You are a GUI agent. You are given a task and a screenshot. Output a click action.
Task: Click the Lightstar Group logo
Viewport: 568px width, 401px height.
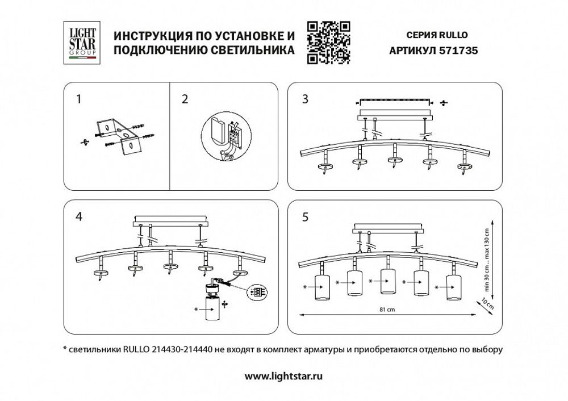pyautogui.click(x=82, y=41)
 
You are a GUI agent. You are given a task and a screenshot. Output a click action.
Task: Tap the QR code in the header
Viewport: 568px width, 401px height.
pyautogui.click(x=328, y=41)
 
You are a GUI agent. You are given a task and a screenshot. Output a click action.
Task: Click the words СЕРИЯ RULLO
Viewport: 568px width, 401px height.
pyautogui.click(x=438, y=34)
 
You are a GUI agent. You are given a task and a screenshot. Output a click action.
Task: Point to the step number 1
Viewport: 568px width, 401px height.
pyautogui.click(x=78, y=99)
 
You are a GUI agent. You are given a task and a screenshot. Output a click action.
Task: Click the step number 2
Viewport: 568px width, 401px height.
pyautogui.click(x=185, y=99)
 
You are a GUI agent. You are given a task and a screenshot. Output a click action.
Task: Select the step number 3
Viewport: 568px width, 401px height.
pyautogui.click(x=305, y=99)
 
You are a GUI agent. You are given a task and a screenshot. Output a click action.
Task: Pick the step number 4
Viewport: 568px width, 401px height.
pyautogui.click(x=78, y=216)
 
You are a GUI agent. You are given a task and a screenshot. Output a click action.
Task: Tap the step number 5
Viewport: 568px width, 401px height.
pyautogui.click(x=305, y=216)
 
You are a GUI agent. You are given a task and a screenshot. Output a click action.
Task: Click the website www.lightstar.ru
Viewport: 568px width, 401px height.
pyautogui.click(x=284, y=376)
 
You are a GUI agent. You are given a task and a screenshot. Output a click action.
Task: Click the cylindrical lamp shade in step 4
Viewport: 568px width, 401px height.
pyautogui.click(x=212, y=311)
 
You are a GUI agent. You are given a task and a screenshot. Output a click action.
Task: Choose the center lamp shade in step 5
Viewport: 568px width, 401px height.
pyautogui.click(x=387, y=283)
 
